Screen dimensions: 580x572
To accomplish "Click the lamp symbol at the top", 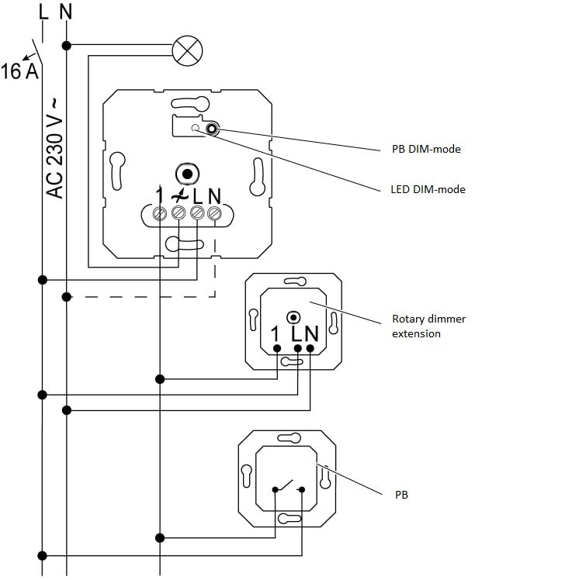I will click(x=186, y=51).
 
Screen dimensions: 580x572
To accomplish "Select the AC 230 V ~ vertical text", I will click(x=55, y=147).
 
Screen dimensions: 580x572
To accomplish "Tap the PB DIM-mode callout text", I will click(x=425, y=149).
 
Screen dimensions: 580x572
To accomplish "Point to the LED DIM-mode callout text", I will click(x=427, y=188).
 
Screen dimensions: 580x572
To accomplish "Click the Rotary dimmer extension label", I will click(x=428, y=326).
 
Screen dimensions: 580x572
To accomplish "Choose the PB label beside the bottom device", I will click(x=400, y=493).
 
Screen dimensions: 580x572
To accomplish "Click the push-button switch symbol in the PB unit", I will click(x=287, y=488).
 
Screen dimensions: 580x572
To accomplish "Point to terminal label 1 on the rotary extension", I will click(x=275, y=334).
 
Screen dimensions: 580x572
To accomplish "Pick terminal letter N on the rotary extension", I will click(x=311, y=334).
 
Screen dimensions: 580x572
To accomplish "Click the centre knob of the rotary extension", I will click(x=293, y=316).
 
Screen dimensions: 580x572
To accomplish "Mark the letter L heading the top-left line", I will click(x=42, y=13).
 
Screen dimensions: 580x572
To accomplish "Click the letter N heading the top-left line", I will click(x=66, y=13).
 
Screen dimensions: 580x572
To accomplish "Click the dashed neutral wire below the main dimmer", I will click(x=140, y=296).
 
